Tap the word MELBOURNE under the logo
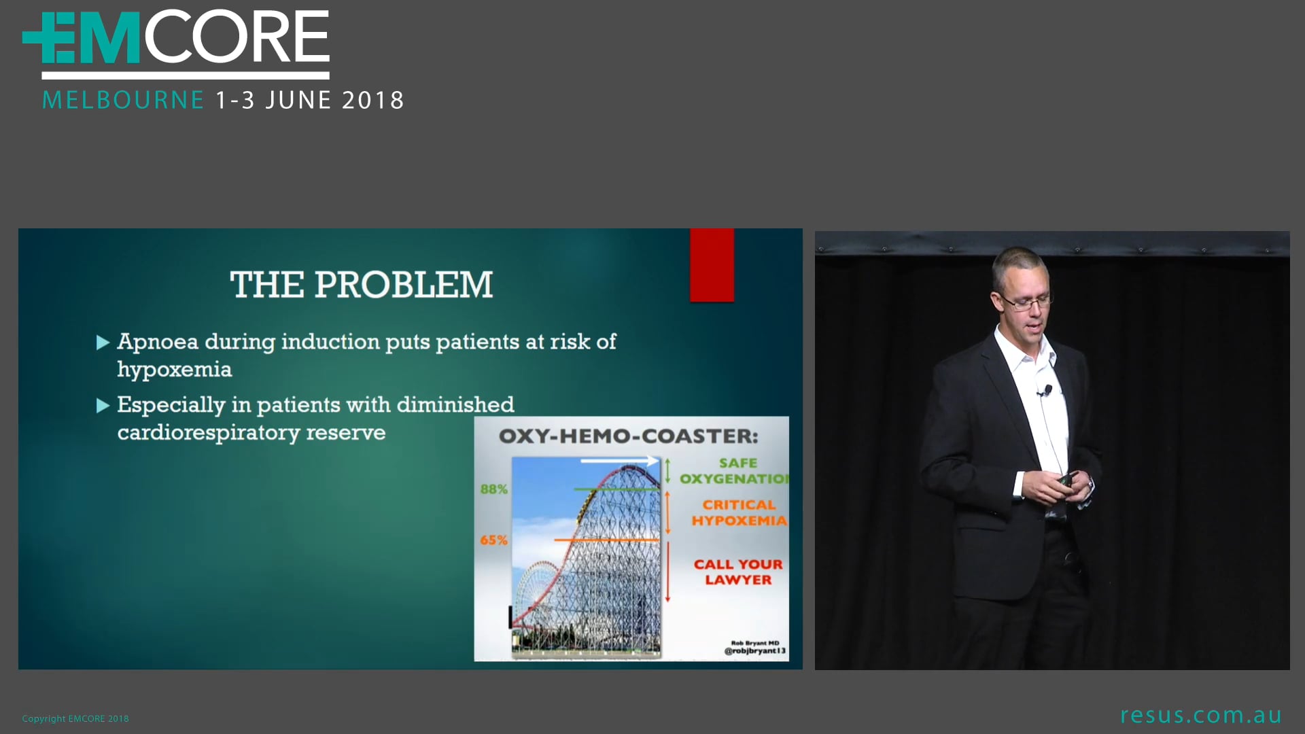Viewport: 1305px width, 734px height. (x=123, y=101)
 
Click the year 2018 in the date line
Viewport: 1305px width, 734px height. (x=372, y=101)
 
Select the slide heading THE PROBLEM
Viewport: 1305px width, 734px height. (x=361, y=285)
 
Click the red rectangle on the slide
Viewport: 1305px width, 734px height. (x=712, y=265)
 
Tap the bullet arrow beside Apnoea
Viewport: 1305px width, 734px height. (x=103, y=343)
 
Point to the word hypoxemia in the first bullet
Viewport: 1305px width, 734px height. (x=175, y=370)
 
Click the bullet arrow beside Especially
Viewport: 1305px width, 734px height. (x=103, y=406)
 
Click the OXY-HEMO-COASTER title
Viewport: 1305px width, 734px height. (x=628, y=436)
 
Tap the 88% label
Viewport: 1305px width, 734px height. (x=493, y=489)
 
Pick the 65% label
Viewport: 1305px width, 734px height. (x=493, y=540)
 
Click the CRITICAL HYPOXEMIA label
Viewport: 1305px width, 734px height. (x=739, y=513)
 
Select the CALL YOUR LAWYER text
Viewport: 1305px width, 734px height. (x=738, y=572)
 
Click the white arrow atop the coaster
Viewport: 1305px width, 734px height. (x=619, y=461)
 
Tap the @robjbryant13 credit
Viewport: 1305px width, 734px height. (x=754, y=651)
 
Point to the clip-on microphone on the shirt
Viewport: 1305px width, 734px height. (x=1047, y=390)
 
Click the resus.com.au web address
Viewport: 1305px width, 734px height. (x=1200, y=715)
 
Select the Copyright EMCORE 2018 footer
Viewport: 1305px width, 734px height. (x=75, y=718)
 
